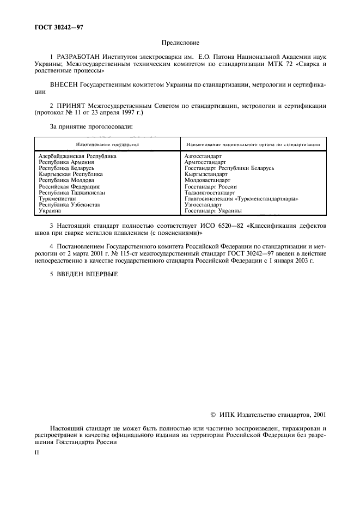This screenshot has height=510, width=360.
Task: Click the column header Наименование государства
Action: [x=107, y=144]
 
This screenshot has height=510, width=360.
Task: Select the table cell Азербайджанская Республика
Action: [x=77, y=156]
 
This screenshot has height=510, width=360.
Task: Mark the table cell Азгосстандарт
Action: [x=203, y=156]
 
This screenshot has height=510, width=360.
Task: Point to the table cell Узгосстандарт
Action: [x=203, y=204]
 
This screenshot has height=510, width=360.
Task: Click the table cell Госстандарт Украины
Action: [x=213, y=210]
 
